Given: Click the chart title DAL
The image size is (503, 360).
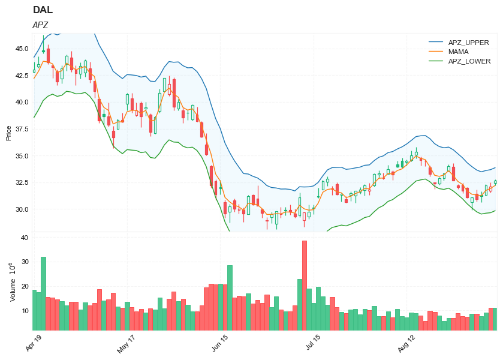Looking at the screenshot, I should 43,10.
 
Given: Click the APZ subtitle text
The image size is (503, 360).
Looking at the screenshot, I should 40,25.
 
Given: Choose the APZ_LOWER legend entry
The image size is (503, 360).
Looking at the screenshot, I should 469,61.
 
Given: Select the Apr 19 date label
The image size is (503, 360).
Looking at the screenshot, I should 34,343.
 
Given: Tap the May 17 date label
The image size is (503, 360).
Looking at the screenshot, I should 126,343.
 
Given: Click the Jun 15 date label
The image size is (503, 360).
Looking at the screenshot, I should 219,343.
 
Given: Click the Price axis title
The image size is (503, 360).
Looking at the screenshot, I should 8,133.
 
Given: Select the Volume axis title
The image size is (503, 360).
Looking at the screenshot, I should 12,281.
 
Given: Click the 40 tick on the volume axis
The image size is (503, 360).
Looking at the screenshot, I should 25,238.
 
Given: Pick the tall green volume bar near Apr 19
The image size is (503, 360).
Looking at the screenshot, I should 43,293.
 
